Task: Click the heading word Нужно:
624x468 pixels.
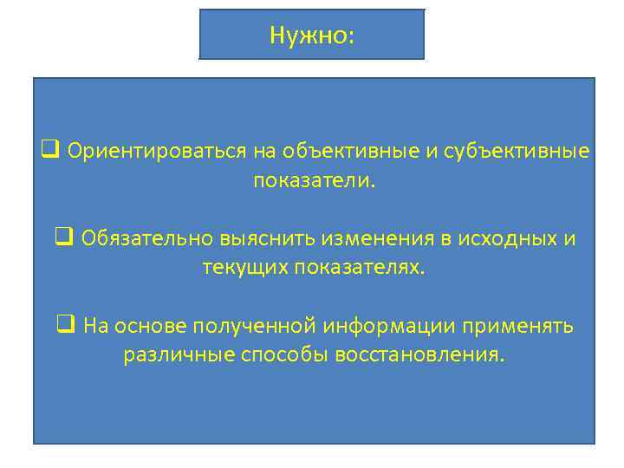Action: pyautogui.click(x=312, y=35)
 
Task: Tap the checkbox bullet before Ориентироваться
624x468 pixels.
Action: pyautogui.click(x=50, y=152)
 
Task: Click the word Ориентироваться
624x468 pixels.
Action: pyautogui.click(x=157, y=153)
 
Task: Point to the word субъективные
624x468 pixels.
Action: pyautogui.click(x=517, y=153)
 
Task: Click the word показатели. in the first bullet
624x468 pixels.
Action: pyautogui.click(x=315, y=182)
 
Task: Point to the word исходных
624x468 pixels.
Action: pyautogui.click(x=507, y=239)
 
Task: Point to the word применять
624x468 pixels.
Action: pyautogui.click(x=517, y=327)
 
